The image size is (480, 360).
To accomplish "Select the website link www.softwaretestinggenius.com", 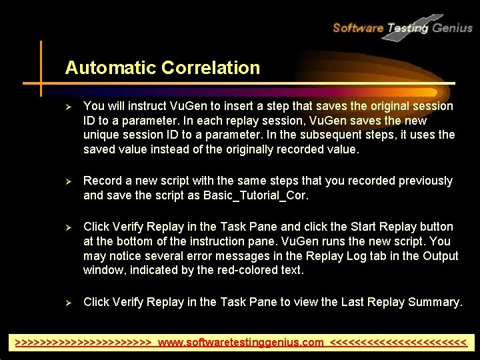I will [x=241, y=343].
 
